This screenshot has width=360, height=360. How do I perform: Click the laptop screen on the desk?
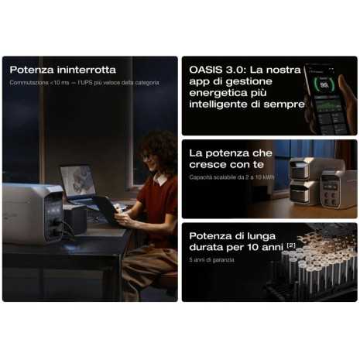[77, 180]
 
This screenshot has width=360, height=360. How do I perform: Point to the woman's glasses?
[147, 156]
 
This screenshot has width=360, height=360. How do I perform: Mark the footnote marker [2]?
[290, 245]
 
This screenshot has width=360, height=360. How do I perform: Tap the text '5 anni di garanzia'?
[211, 260]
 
